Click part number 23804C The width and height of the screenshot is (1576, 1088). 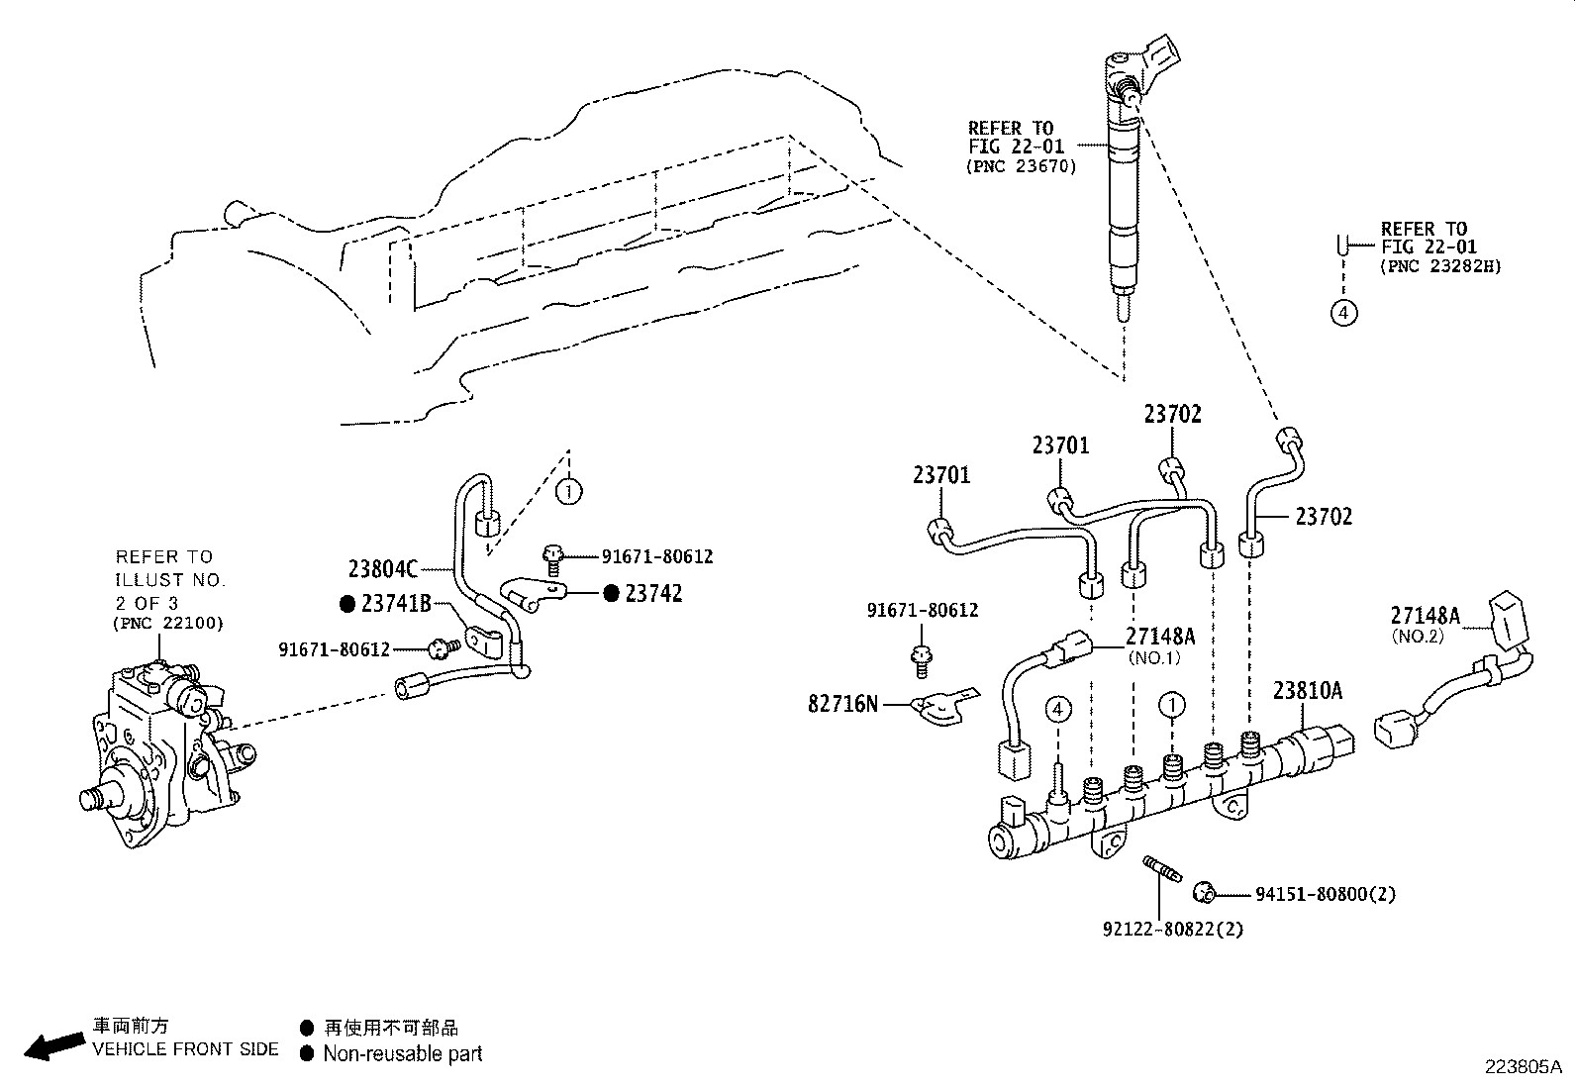click(x=383, y=569)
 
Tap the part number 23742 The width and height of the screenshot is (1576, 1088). click(x=653, y=594)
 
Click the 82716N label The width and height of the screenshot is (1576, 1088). click(x=843, y=705)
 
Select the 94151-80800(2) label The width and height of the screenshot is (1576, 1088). click(x=1325, y=894)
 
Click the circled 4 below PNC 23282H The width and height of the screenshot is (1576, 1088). click(x=1342, y=313)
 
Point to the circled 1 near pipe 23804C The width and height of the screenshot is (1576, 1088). click(x=568, y=490)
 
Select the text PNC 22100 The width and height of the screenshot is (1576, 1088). click(x=169, y=623)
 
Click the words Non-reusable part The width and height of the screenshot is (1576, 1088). click(x=402, y=1053)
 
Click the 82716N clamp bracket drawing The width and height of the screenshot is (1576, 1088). click(x=940, y=707)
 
